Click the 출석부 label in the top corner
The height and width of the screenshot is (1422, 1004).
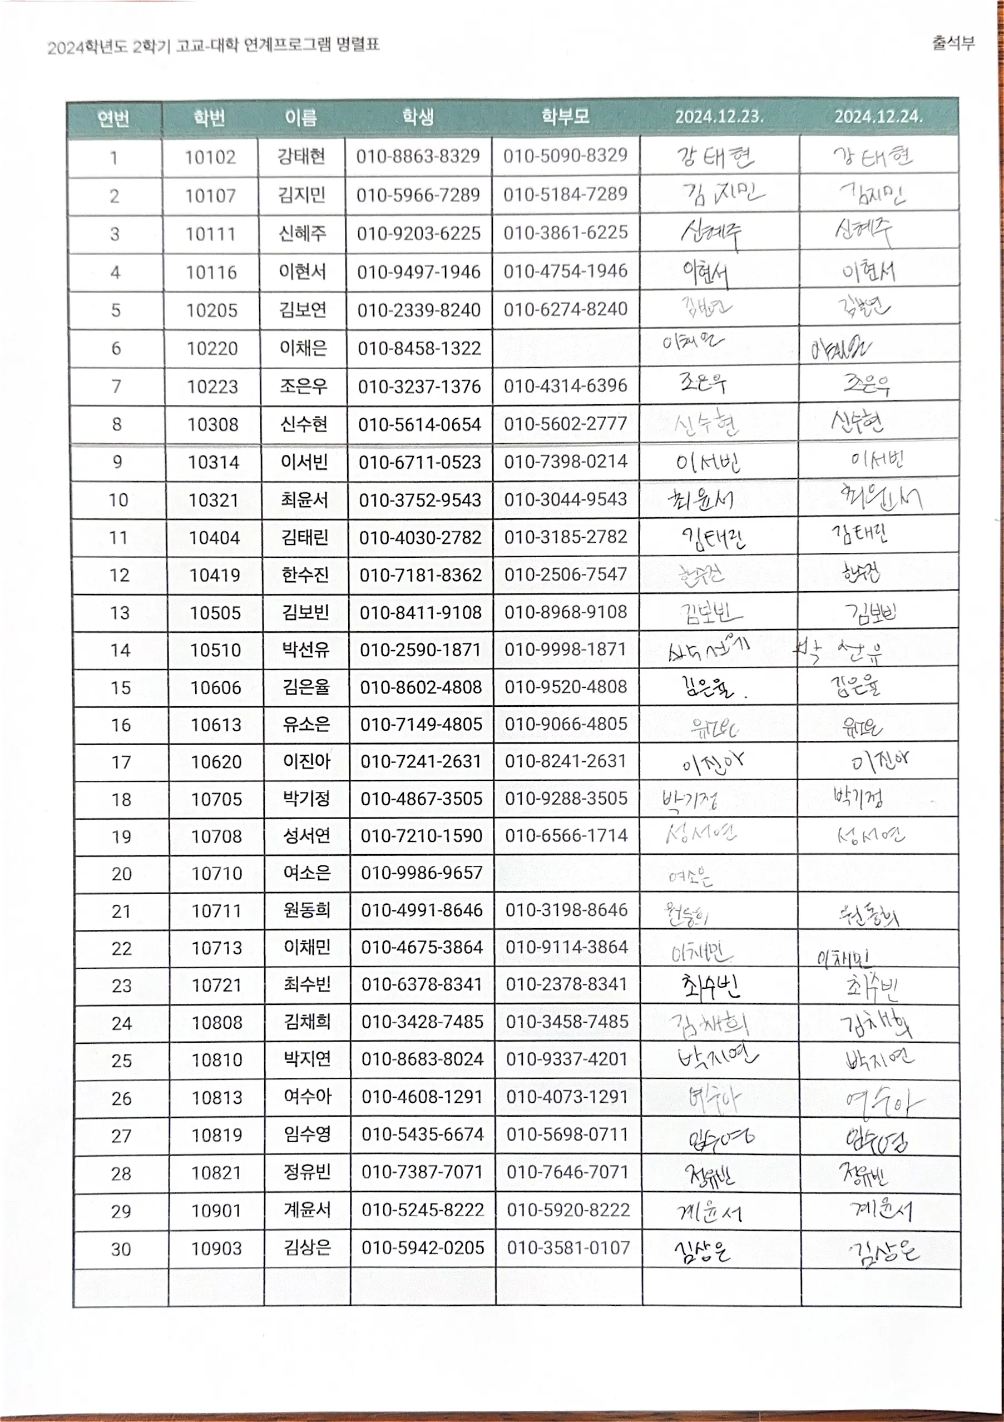tap(953, 43)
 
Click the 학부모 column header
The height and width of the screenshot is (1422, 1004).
tap(565, 116)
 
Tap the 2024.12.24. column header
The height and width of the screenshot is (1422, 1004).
tap(878, 116)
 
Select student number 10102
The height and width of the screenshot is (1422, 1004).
tap(210, 157)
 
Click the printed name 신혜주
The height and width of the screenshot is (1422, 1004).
tap(302, 234)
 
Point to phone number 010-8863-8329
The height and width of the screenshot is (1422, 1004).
tap(418, 156)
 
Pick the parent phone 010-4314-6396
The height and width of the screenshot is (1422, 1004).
tap(566, 386)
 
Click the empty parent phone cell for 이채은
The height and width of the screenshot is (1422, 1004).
tap(566, 348)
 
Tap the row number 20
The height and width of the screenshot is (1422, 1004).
tap(121, 874)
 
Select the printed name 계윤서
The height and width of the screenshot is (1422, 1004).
tap(307, 1210)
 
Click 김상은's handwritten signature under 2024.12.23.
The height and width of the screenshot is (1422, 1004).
tap(703, 1250)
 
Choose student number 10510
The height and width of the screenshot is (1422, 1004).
tap(215, 650)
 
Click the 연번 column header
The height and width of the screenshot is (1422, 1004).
tap(114, 118)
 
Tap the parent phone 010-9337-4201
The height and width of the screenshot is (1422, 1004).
tap(567, 1059)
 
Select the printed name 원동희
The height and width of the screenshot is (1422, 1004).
tap(306, 910)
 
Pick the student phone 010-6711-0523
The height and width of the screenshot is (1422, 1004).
tap(419, 462)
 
